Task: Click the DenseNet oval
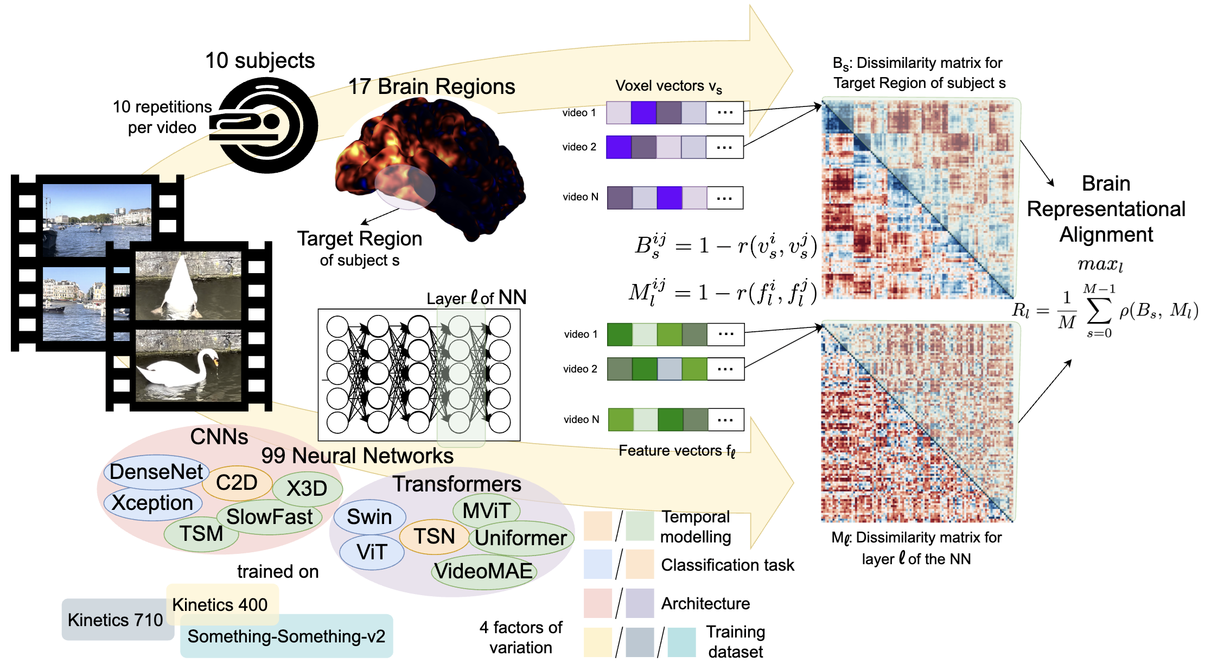pyautogui.click(x=156, y=471)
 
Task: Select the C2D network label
pyautogui.click(x=237, y=482)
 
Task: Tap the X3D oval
pyautogui.click(x=307, y=488)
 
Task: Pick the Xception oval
pyautogui.click(x=152, y=503)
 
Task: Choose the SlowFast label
pyautogui.click(x=269, y=516)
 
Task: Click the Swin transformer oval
pyautogui.click(x=369, y=516)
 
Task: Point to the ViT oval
pyautogui.click(x=372, y=552)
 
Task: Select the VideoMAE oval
pyautogui.click(x=483, y=571)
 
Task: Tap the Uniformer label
pyautogui.click(x=521, y=538)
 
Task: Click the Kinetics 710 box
pyautogui.click(x=115, y=620)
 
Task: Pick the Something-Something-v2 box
pyautogui.click(x=286, y=636)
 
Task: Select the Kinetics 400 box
pyautogui.click(x=220, y=604)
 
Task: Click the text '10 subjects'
pyautogui.click(x=260, y=60)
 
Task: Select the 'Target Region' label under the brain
pyautogui.click(x=359, y=238)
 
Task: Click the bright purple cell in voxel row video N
pyautogui.click(x=669, y=198)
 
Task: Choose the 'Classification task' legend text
pyautogui.click(x=727, y=565)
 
